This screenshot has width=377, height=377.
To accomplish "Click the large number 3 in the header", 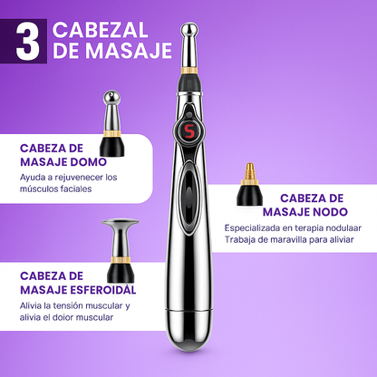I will click(x=27, y=43).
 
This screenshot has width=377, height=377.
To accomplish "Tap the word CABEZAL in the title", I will click(x=100, y=29).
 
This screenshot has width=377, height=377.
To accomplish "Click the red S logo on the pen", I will click(x=189, y=129).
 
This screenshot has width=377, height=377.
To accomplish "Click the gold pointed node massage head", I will click(x=248, y=187).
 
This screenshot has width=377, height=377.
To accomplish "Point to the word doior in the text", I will click(x=66, y=318).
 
